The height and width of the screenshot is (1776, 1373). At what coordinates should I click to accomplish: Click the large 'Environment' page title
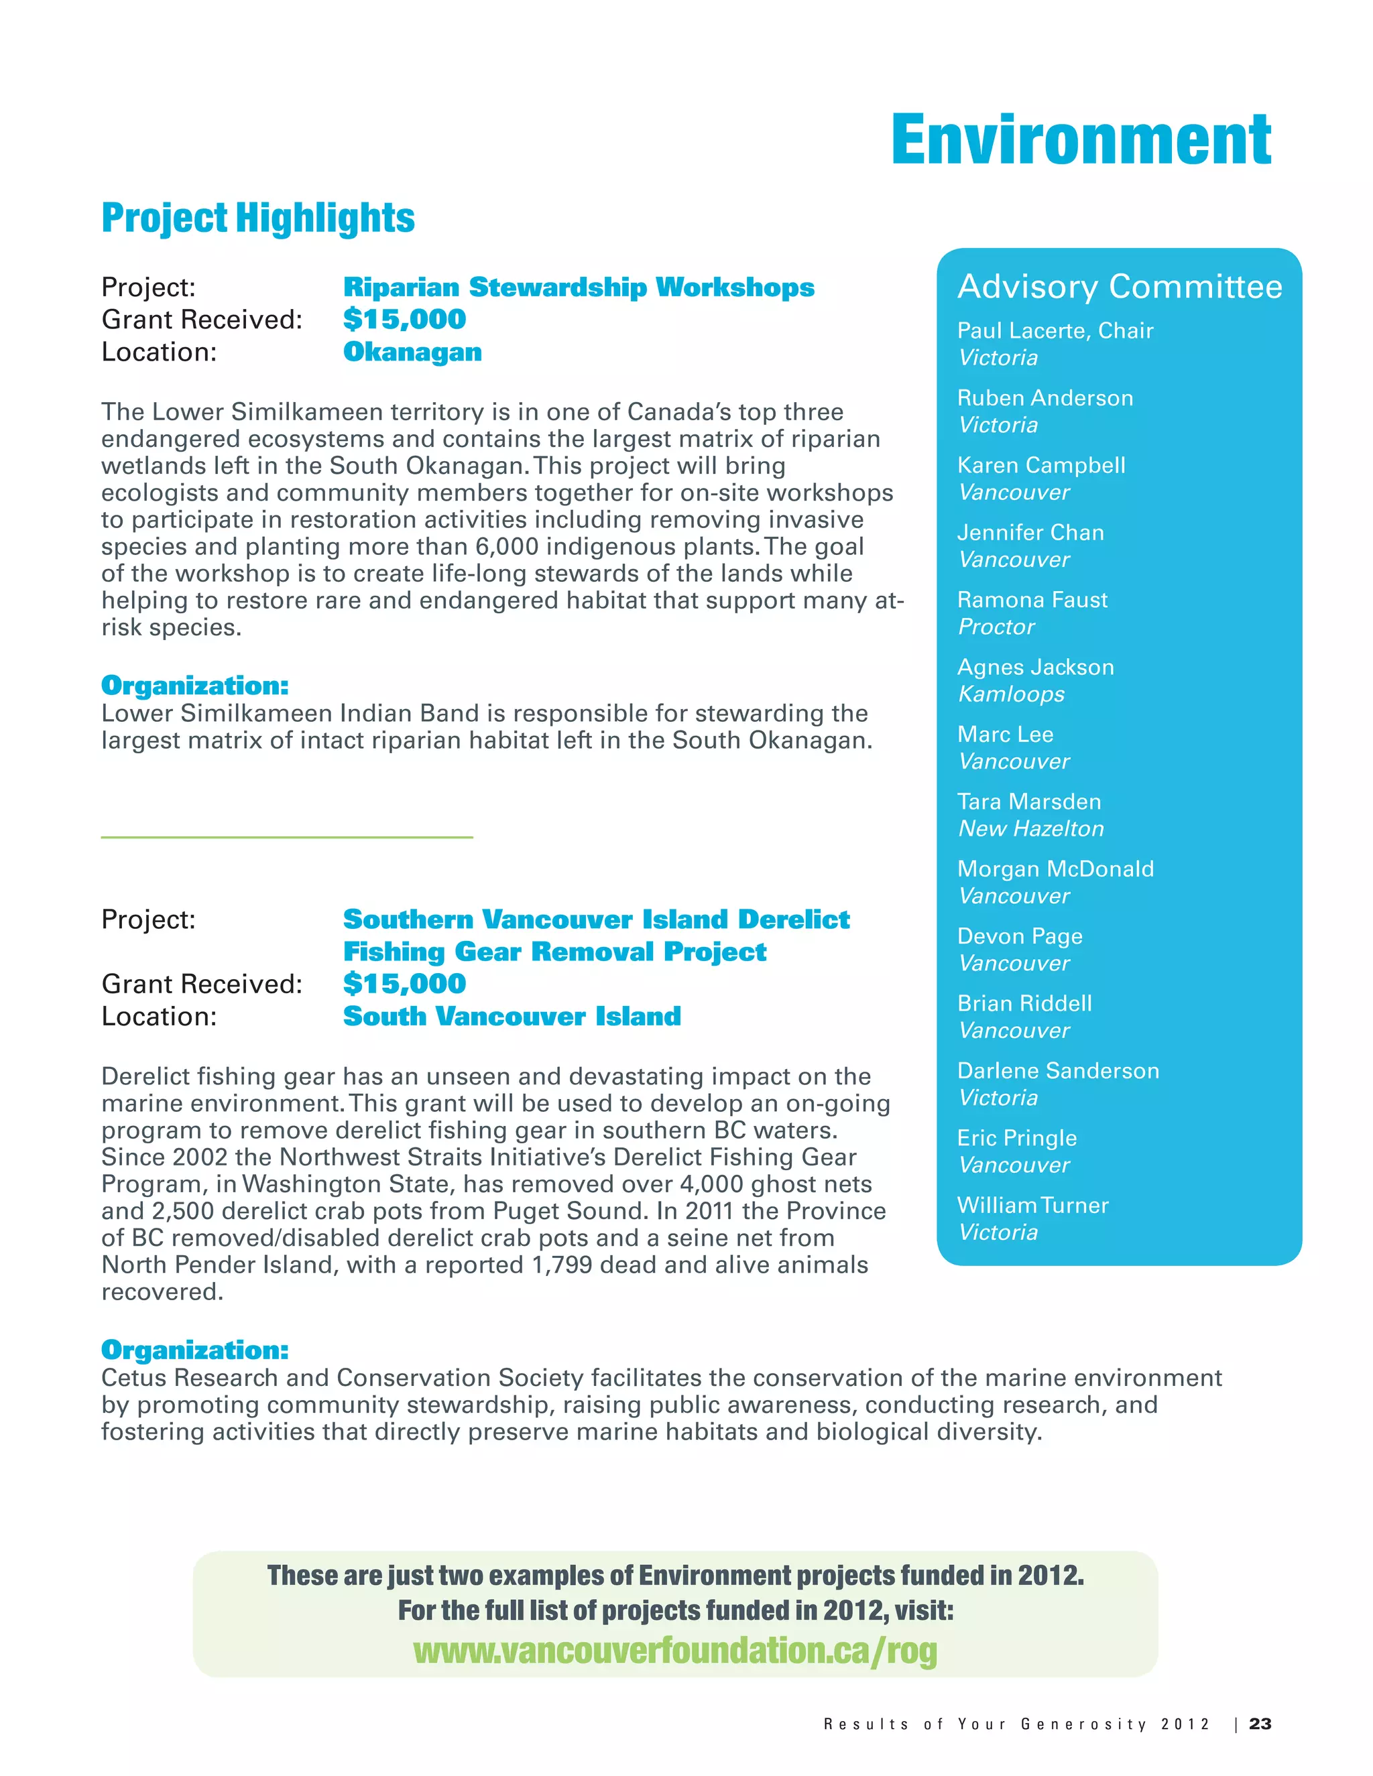point(1080,141)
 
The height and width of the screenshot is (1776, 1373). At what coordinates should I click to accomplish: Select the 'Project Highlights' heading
point(258,218)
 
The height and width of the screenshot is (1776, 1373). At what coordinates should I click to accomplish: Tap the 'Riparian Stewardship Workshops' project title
point(579,287)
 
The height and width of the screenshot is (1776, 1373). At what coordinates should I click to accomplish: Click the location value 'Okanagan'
point(412,352)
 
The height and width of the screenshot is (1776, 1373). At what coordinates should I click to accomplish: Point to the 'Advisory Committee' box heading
point(1119,286)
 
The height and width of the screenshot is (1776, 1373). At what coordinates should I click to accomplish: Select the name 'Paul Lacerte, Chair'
point(1055,331)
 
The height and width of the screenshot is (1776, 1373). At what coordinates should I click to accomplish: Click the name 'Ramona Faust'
point(1032,600)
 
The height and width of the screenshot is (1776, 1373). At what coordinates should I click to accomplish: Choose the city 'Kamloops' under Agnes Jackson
point(1011,694)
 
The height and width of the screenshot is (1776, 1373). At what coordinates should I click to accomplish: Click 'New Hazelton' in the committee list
point(1030,828)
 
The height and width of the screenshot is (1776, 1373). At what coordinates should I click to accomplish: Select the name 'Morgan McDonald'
point(1055,869)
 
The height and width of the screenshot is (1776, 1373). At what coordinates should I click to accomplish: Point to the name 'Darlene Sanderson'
point(1057,1071)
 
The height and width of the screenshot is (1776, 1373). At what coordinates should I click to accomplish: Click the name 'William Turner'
point(1032,1205)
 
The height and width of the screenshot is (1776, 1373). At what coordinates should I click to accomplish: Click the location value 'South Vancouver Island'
point(512,1017)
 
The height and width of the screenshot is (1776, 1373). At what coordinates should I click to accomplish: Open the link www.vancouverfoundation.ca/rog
point(674,1651)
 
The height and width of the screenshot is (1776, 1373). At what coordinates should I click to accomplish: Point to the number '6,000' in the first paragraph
point(507,546)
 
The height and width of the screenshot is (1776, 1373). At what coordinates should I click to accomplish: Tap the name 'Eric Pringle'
point(1017,1139)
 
